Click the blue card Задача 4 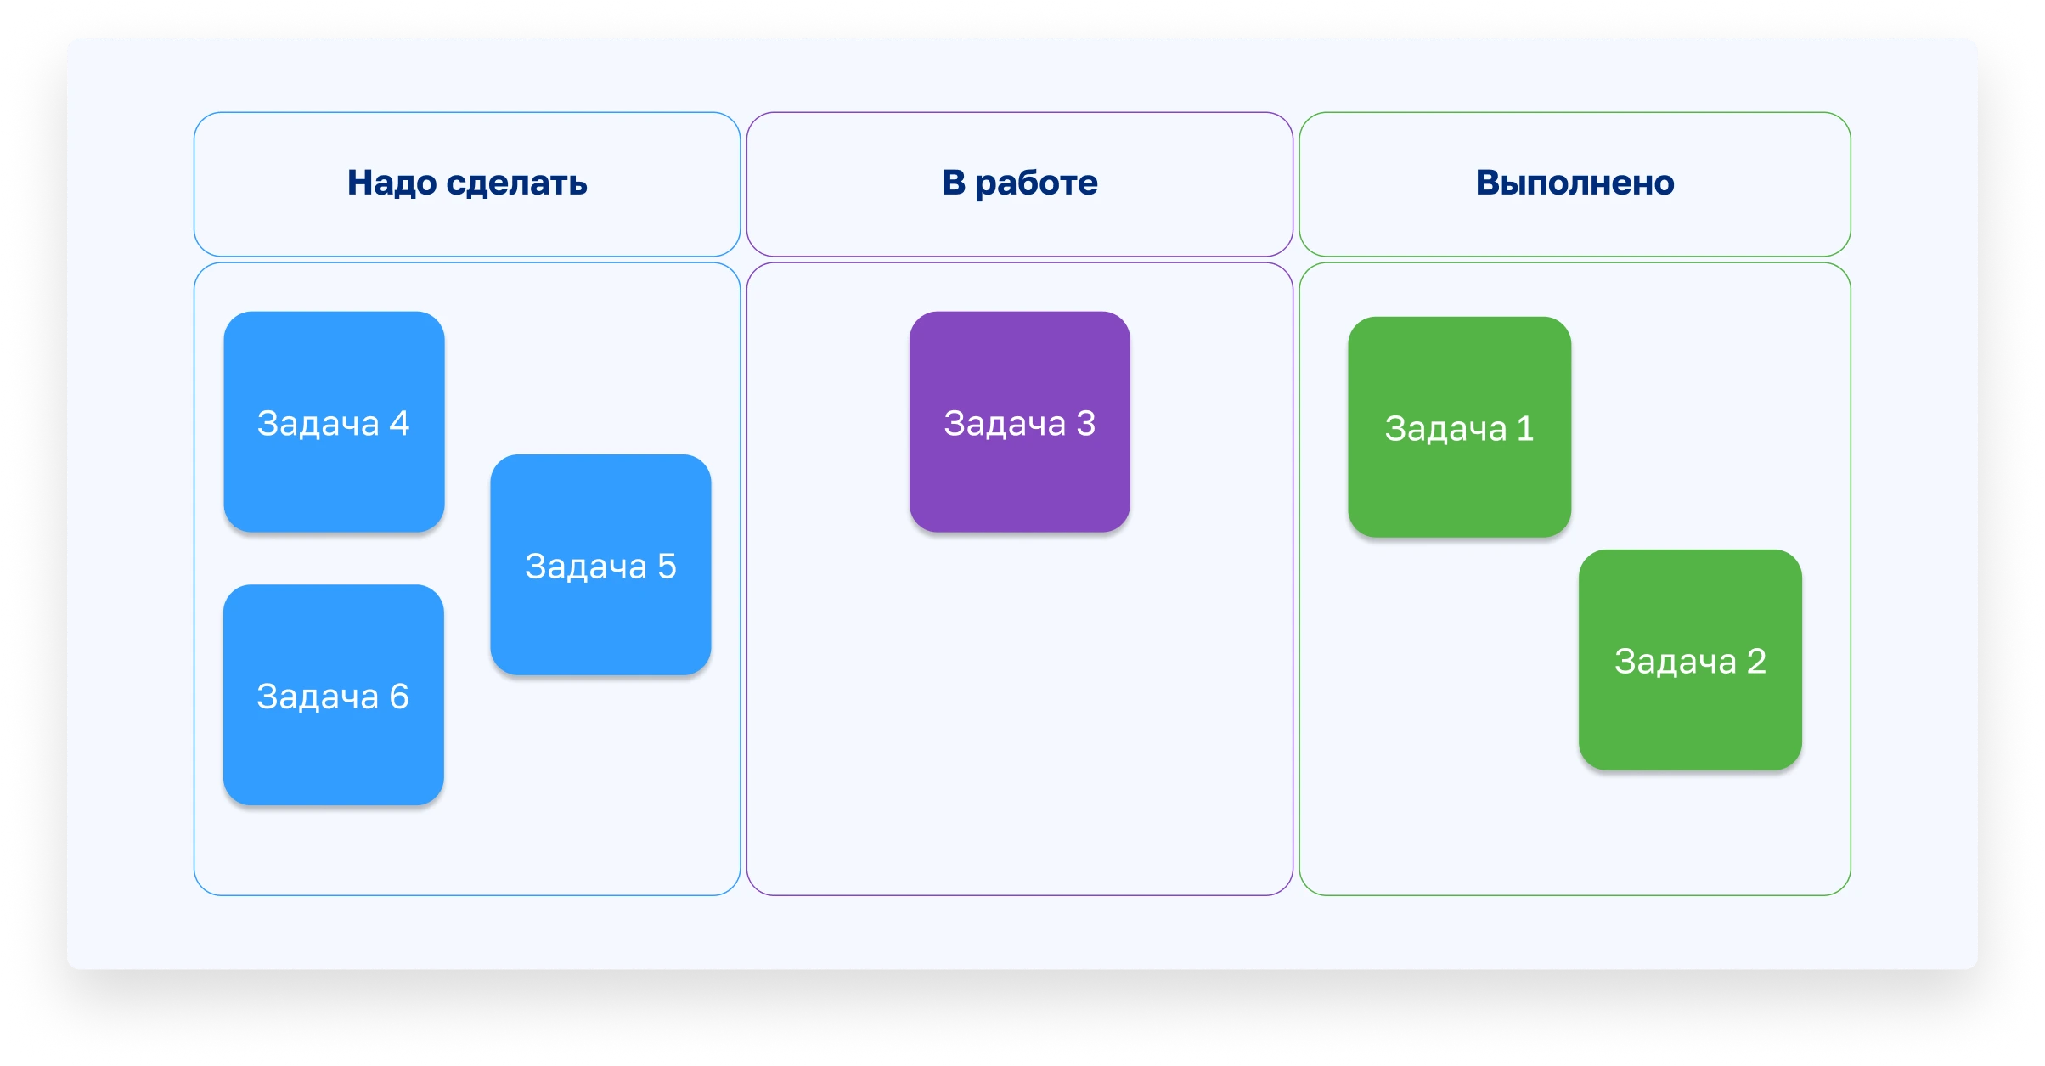334,422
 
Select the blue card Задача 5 600,565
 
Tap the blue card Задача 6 333,695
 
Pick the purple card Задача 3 1019,422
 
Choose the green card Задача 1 1459,427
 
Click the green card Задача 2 1690,660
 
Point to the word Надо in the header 392,183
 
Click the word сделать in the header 516,183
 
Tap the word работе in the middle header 1036,183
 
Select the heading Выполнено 1575,183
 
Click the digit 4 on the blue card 399,423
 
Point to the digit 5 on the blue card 667,567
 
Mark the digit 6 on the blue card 399,697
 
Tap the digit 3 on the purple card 1085,423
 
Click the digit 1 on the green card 1525,428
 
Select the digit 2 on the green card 1756,661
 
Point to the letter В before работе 954,183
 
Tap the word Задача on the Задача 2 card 1675,662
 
